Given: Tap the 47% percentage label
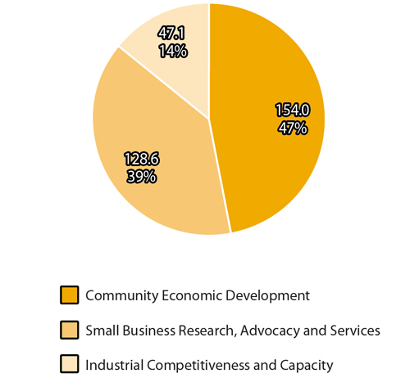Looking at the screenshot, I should pyautogui.click(x=292, y=128).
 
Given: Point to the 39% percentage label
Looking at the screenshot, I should pyautogui.click(x=142, y=176).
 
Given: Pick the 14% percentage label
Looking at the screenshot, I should pyautogui.click(x=173, y=52).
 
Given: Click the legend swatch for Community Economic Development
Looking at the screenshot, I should pyautogui.click(x=70, y=295).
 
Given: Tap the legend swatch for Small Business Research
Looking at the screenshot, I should pyautogui.click(x=70, y=330).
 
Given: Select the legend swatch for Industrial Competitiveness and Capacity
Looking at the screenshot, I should pyautogui.click(x=70, y=365).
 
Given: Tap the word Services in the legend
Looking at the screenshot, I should pyautogui.click(x=357, y=331).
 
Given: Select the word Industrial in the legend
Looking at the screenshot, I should pyautogui.click(x=115, y=365).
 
